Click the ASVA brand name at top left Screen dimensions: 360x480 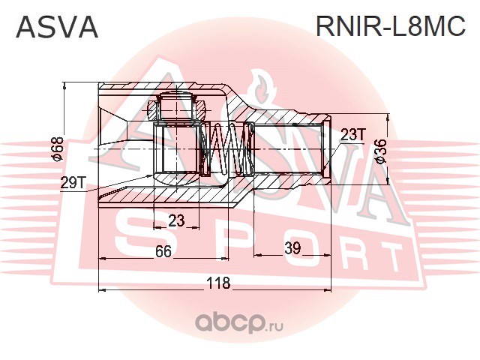click(57, 27)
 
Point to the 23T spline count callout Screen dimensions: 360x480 click(352, 135)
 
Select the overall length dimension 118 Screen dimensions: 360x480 click(218, 283)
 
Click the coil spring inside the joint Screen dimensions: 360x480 click(229, 150)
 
